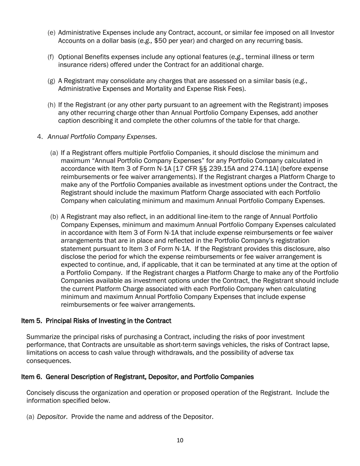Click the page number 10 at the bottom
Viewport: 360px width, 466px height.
coord(180,440)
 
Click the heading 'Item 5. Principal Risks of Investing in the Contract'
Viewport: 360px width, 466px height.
coord(96,321)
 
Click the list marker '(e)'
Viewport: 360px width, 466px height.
coord(51,33)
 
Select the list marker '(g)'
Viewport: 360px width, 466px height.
coord(51,81)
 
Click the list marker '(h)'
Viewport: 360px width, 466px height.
coord(51,105)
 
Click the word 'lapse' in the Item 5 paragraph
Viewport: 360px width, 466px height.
coord(322,345)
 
